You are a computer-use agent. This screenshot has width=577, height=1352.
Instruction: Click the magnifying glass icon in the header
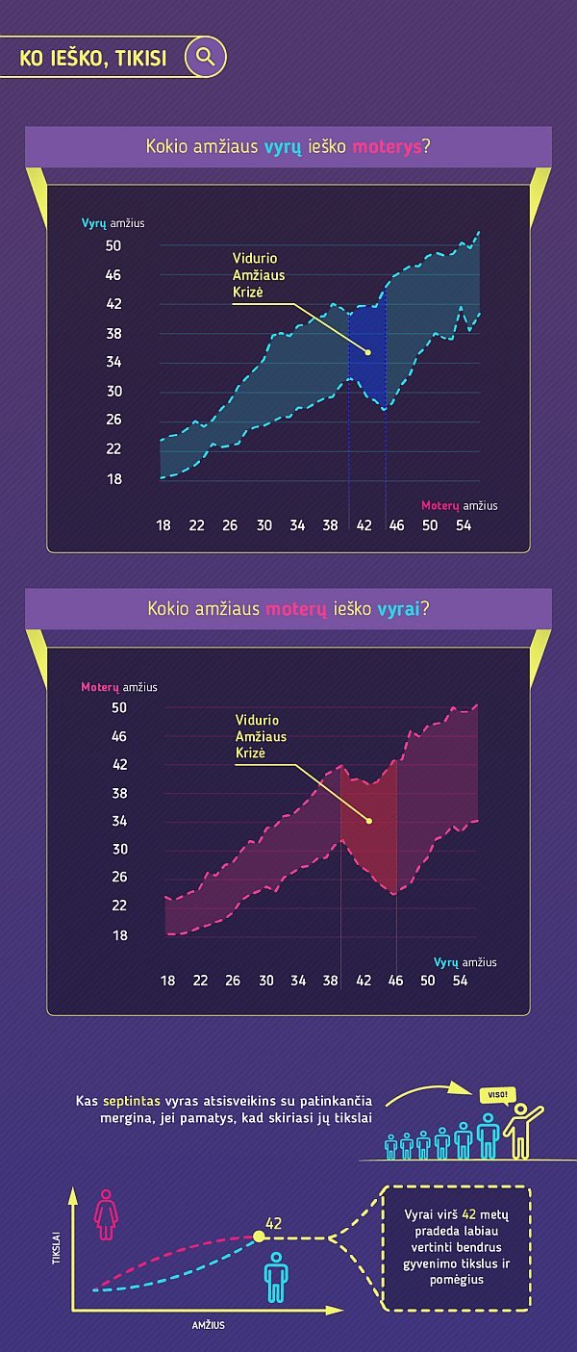click(x=205, y=57)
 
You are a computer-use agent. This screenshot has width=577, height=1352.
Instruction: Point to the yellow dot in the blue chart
click(x=367, y=352)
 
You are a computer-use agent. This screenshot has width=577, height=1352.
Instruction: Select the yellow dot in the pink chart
click(x=369, y=821)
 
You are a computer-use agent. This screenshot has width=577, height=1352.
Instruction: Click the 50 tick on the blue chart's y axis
click(x=113, y=246)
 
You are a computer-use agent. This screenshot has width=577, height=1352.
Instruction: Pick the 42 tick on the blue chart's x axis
click(x=364, y=525)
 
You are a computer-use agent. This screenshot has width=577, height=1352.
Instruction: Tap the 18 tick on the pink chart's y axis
click(x=119, y=934)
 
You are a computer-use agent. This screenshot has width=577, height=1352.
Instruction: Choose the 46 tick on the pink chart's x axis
click(x=396, y=981)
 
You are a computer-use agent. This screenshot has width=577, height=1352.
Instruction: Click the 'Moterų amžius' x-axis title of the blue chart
click(x=459, y=505)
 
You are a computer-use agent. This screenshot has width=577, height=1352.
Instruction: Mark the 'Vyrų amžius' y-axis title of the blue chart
click(x=113, y=223)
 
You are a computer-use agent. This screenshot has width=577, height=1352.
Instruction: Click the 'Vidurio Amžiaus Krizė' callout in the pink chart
click(x=261, y=736)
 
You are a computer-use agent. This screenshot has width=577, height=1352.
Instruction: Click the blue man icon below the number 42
click(x=276, y=1277)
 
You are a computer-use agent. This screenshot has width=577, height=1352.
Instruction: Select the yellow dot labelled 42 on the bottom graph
click(x=258, y=1237)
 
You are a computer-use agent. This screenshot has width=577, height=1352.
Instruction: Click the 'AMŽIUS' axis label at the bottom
click(x=208, y=1325)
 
